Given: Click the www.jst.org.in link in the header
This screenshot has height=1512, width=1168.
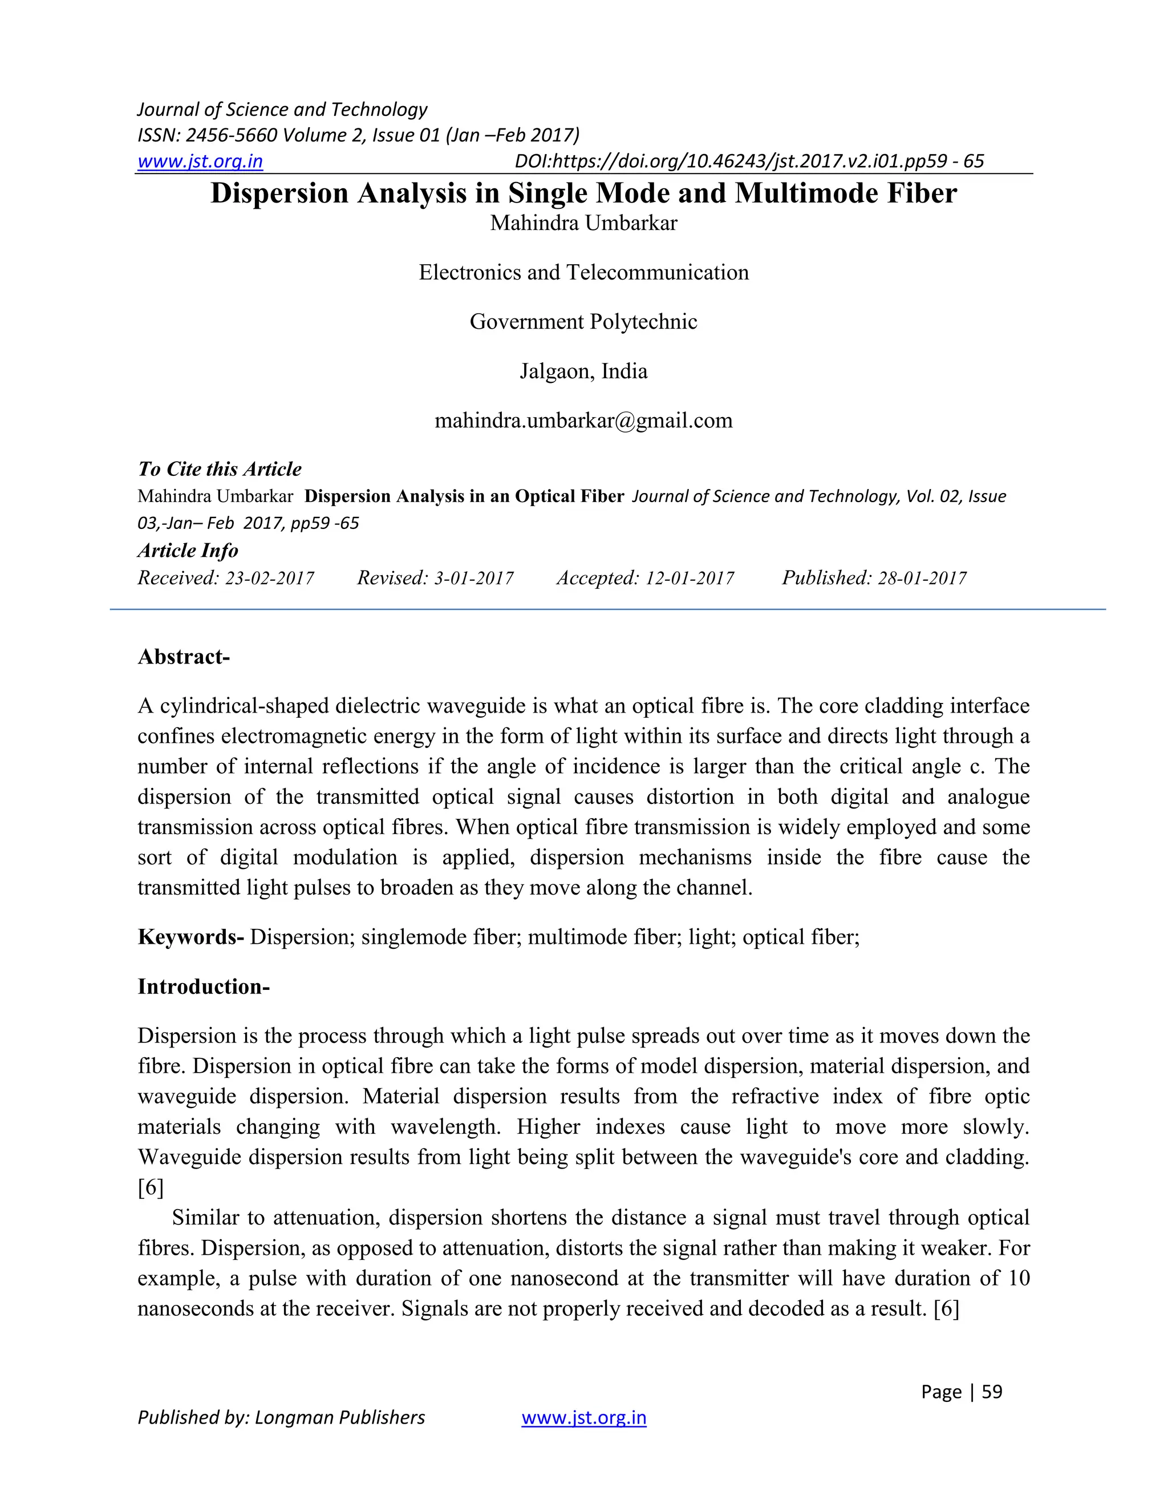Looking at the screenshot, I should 200,161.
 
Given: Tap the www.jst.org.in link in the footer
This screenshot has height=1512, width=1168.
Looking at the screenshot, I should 583,1417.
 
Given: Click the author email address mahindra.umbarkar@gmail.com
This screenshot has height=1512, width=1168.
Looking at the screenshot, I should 583,421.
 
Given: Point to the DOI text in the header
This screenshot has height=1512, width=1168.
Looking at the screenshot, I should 749,161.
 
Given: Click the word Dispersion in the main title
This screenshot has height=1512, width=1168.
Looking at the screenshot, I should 279,193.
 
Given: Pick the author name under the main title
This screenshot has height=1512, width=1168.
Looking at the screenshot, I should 583,223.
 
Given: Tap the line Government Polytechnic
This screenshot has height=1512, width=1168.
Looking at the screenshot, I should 583,321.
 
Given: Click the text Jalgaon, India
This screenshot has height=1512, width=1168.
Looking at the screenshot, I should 583,371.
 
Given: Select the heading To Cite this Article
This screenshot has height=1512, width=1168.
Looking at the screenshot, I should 220,470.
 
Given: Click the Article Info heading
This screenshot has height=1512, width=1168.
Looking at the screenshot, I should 188,551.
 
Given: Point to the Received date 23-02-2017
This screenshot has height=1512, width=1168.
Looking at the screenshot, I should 270,578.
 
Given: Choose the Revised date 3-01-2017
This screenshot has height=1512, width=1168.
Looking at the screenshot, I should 473,578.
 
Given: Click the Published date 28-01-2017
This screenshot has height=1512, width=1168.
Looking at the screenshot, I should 922,578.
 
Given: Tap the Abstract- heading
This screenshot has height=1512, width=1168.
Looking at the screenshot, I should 184,656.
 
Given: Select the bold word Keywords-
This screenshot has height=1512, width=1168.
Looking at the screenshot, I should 190,937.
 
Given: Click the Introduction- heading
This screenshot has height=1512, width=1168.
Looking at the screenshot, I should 204,987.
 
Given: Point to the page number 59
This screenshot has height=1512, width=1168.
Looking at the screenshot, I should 992,1392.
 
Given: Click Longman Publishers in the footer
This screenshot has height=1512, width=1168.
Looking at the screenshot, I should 340,1417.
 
